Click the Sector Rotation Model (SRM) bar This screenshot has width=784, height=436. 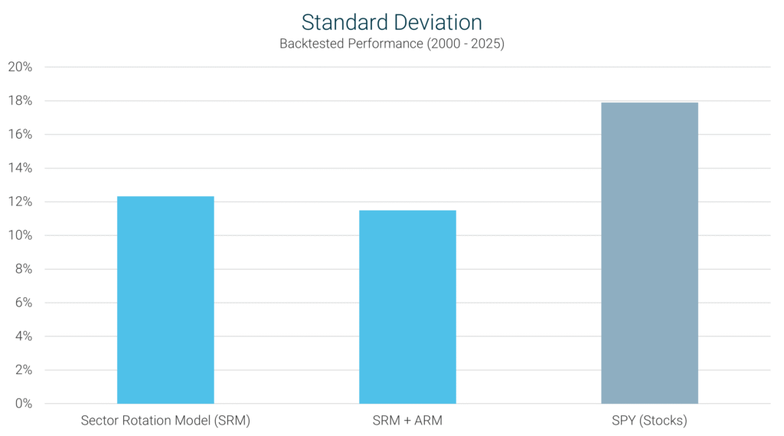[165, 300]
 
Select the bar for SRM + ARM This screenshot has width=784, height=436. [407, 307]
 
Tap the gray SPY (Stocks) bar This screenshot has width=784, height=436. [649, 253]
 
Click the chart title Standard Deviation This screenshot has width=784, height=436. [391, 21]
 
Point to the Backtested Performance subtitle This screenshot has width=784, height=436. [391, 44]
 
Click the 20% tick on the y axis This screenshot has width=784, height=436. [20, 67]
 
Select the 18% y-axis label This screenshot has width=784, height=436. [20, 101]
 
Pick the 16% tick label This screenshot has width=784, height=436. [20, 135]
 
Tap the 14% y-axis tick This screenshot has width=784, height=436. [20, 169]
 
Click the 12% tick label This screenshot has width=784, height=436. [20, 202]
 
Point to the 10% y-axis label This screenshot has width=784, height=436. [20, 236]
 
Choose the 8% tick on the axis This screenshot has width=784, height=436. [23, 270]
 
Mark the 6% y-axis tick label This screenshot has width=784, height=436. [23, 303]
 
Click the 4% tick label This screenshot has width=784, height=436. [23, 336]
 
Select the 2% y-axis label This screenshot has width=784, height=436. [23, 370]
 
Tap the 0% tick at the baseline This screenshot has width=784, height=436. [23, 404]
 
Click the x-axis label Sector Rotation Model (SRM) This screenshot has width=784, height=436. [165, 421]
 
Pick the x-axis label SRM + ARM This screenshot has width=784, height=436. [407, 421]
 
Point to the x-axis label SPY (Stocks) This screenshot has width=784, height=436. [649, 421]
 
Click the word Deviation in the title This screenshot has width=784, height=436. [436, 21]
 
